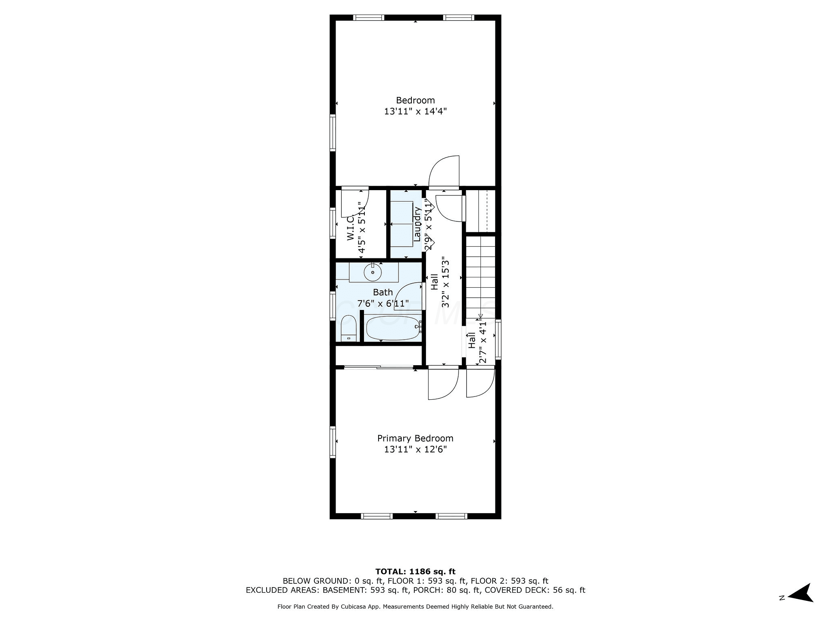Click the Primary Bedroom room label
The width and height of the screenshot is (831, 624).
(x=415, y=438)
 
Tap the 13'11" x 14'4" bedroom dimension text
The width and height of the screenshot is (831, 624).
(x=415, y=111)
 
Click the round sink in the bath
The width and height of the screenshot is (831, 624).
(x=372, y=272)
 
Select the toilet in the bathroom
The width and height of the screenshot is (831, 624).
(x=349, y=328)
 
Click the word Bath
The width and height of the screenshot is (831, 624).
(x=383, y=292)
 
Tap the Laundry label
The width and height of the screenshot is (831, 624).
(x=417, y=224)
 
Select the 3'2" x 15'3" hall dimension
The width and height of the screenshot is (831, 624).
(x=446, y=282)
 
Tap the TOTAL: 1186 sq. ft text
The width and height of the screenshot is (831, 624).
(x=415, y=572)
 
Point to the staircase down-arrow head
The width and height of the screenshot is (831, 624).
(x=480, y=316)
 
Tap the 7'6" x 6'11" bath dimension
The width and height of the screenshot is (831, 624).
(x=383, y=303)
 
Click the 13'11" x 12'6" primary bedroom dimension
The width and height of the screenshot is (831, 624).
(x=415, y=450)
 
